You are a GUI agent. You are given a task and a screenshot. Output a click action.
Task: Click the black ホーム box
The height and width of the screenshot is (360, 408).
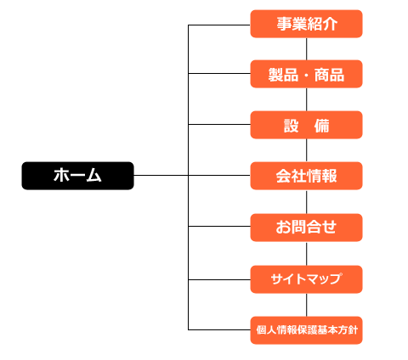pyautogui.click(x=77, y=176)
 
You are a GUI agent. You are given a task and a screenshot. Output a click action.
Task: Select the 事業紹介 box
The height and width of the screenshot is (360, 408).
pyautogui.click(x=306, y=24)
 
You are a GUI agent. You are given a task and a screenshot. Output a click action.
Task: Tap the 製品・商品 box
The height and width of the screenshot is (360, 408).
pyautogui.click(x=306, y=74)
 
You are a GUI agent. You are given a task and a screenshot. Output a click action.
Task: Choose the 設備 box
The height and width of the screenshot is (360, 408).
pyautogui.click(x=306, y=125)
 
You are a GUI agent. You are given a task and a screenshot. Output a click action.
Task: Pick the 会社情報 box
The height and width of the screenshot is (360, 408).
pyautogui.click(x=306, y=176)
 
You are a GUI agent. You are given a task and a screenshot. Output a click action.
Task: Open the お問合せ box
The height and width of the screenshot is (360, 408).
pyautogui.click(x=306, y=228)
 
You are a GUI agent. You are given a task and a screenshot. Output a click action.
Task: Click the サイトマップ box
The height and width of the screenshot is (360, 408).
pyautogui.click(x=306, y=279)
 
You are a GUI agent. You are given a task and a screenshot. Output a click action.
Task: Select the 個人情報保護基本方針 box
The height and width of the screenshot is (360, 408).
pyautogui.click(x=306, y=330)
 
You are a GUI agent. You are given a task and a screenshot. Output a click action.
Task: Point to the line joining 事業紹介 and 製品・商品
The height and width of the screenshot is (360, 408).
pyautogui.click(x=306, y=48)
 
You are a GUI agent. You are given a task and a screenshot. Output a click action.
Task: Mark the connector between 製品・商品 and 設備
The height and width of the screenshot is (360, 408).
pyautogui.click(x=306, y=99)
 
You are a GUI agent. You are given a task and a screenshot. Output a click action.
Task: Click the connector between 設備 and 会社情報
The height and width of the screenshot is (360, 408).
pyautogui.click(x=306, y=150)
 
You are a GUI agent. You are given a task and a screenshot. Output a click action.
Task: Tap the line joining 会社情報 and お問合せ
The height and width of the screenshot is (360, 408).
pyautogui.click(x=306, y=201)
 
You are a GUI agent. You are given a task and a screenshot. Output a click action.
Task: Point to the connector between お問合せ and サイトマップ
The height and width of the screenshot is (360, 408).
pyautogui.click(x=306, y=253)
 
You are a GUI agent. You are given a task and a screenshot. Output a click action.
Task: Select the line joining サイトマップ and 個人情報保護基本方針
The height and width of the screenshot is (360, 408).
pyautogui.click(x=306, y=305)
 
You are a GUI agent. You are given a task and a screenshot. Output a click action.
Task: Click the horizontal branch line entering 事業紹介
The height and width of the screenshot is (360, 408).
pyautogui.click(x=219, y=25)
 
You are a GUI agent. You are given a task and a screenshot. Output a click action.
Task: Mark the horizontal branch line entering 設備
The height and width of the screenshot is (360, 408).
pyautogui.click(x=219, y=124)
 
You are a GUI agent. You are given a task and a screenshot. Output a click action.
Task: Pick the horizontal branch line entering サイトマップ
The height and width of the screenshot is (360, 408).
pyautogui.click(x=219, y=279)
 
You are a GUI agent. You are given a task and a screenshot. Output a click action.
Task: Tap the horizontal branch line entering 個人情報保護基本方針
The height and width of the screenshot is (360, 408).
pyautogui.click(x=219, y=329)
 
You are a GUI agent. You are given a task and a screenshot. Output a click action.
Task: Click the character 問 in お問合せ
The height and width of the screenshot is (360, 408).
pyautogui.click(x=298, y=227)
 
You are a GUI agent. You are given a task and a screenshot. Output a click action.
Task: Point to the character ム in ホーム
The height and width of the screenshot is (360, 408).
pyautogui.click(x=93, y=175)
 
